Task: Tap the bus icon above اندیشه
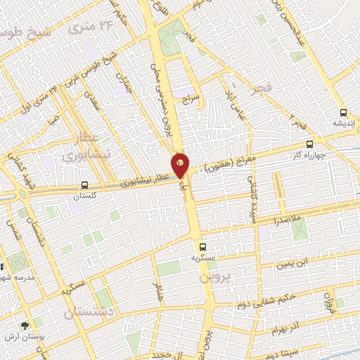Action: pos(342,112)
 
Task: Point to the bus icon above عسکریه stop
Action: pos(202,247)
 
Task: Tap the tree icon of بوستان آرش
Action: pos(26,326)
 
